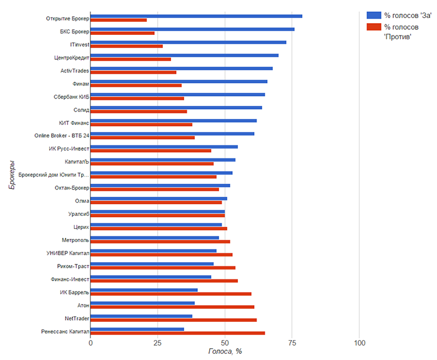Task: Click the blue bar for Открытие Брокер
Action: (x=196, y=16)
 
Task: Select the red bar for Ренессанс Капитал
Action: (x=178, y=333)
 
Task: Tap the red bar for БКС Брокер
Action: (x=122, y=33)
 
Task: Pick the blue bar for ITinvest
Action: (x=189, y=42)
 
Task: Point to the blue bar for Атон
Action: (x=143, y=303)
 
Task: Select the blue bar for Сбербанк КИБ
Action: (x=178, y=95)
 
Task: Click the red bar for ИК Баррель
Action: (x=171, y=294)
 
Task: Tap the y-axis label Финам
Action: (x=81, y=84)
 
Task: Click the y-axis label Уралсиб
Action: (x=79, y=214)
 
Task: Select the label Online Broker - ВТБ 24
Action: (x=62, y=135)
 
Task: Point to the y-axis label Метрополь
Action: (x=76, y=240)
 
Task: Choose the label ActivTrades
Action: (x=75, y=71)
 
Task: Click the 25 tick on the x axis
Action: (x=158, y=343)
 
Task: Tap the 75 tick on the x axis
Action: (x=292, y=343)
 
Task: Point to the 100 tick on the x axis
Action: (x=360, y=343)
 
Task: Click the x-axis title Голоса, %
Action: (x=225, y=352)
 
